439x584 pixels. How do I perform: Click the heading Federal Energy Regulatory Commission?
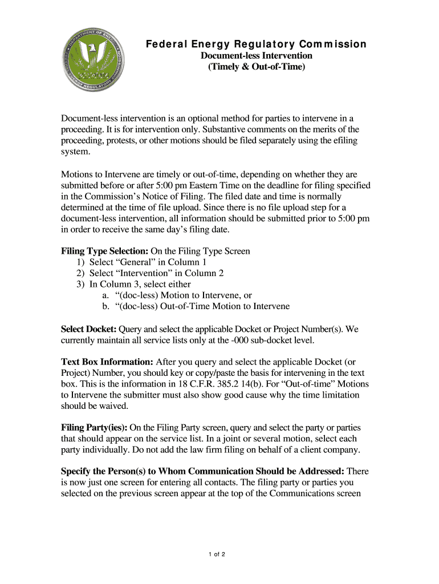[x=255, y=44]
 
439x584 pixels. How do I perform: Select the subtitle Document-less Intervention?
[x=255, y=56]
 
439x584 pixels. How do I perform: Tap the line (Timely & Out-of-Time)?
[x=256, y=67]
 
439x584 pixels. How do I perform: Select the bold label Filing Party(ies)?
[x=94, y=428]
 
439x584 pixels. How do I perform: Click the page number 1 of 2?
[x=219, y=554]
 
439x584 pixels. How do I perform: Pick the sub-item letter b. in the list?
[x=105, y=306]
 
